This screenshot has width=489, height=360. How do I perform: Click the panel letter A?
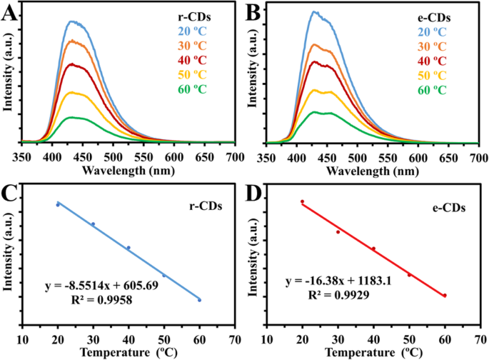point(10,12)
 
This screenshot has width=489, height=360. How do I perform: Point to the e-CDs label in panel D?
point(450,209)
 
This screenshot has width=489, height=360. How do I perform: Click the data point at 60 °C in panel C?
point(199,300)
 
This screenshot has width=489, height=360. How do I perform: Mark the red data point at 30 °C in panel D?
point(338,231)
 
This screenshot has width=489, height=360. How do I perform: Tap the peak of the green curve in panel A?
point(71,117)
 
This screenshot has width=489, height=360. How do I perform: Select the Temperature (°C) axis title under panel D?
point(371,351)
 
